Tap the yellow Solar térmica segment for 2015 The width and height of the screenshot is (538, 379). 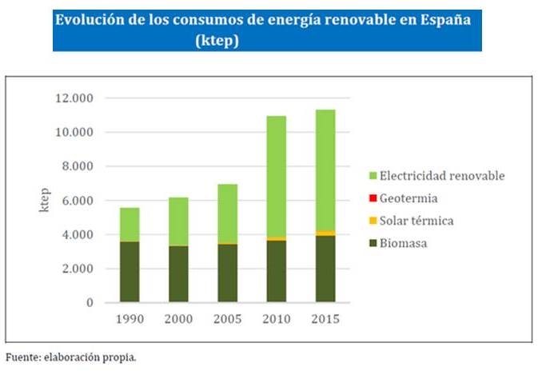click(325, 233)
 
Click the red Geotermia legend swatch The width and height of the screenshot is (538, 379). click(371, 197)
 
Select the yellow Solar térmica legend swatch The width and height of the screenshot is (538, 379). click(371, 219)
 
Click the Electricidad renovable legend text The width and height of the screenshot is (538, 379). click(443, 175)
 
